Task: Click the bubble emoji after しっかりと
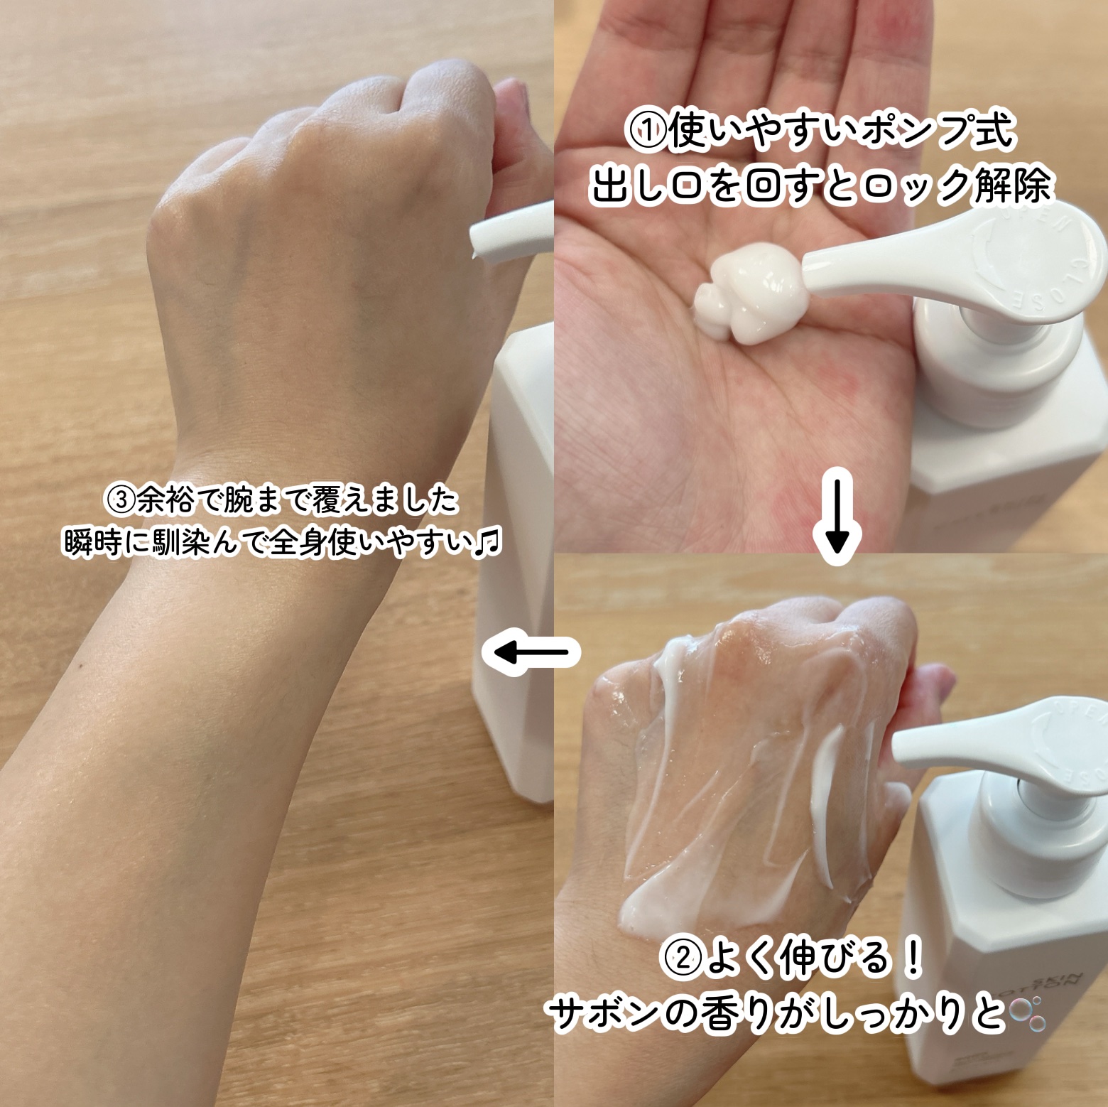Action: click(x=1028, y=1015)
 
